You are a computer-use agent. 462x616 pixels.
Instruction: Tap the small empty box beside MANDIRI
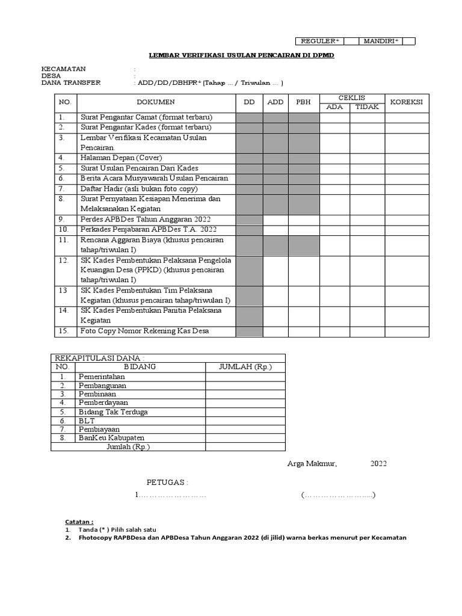click(x=409, y=41)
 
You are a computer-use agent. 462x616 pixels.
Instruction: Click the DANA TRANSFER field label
click(x=71, y=83)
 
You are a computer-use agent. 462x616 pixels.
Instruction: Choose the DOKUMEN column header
click(x=156, y=102)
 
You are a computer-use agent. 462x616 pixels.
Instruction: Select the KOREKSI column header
click(x=407, y=102)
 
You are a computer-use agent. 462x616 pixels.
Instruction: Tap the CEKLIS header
click(x=352, y=97)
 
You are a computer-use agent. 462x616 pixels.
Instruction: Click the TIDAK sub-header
click(x=367, y=107)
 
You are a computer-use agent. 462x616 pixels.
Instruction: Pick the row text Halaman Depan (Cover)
click(x=121, y=158)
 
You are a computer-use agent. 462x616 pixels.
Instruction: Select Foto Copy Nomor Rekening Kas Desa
click(x=145, y=331)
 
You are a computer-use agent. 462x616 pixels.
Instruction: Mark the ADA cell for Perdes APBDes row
click(x=334, y=220)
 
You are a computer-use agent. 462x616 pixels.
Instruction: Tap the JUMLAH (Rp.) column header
click(x=245, y=366)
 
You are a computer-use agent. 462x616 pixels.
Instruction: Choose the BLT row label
click(x=87, y=420)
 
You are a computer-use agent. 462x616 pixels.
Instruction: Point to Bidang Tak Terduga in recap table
click(x=113, y=411)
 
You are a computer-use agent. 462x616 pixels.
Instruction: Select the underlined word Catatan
click(x=79, y=521)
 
